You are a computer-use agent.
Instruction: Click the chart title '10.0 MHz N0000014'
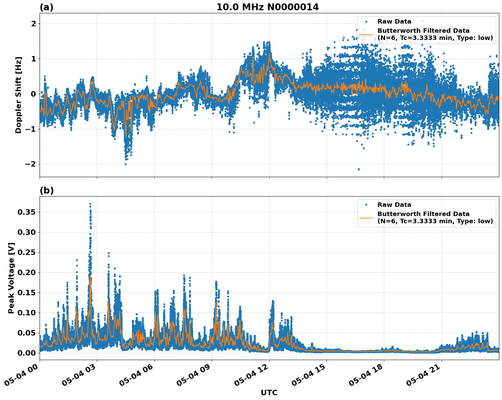point(267,7)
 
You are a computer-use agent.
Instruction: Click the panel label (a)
point(46,7)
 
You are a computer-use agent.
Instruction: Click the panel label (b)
point(46,190)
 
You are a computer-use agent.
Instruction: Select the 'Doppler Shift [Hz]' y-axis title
point(18,95)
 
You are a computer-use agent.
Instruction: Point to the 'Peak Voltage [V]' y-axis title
point(11,278)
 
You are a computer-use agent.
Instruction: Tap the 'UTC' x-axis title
point(269,392)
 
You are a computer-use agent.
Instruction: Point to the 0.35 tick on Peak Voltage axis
point(27,212)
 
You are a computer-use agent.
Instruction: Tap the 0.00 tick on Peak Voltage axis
point(27,353)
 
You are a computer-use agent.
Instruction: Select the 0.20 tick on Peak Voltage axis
point(27,272)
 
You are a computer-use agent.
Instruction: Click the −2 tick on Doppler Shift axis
point(30,164)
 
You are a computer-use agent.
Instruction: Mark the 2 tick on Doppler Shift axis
point(33,24)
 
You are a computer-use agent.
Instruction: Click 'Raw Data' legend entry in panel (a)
point(394,22)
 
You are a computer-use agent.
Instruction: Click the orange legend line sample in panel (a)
point(366,34)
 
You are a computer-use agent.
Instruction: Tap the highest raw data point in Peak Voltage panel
point(90,204)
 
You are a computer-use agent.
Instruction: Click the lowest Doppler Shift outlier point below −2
point(359,169)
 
